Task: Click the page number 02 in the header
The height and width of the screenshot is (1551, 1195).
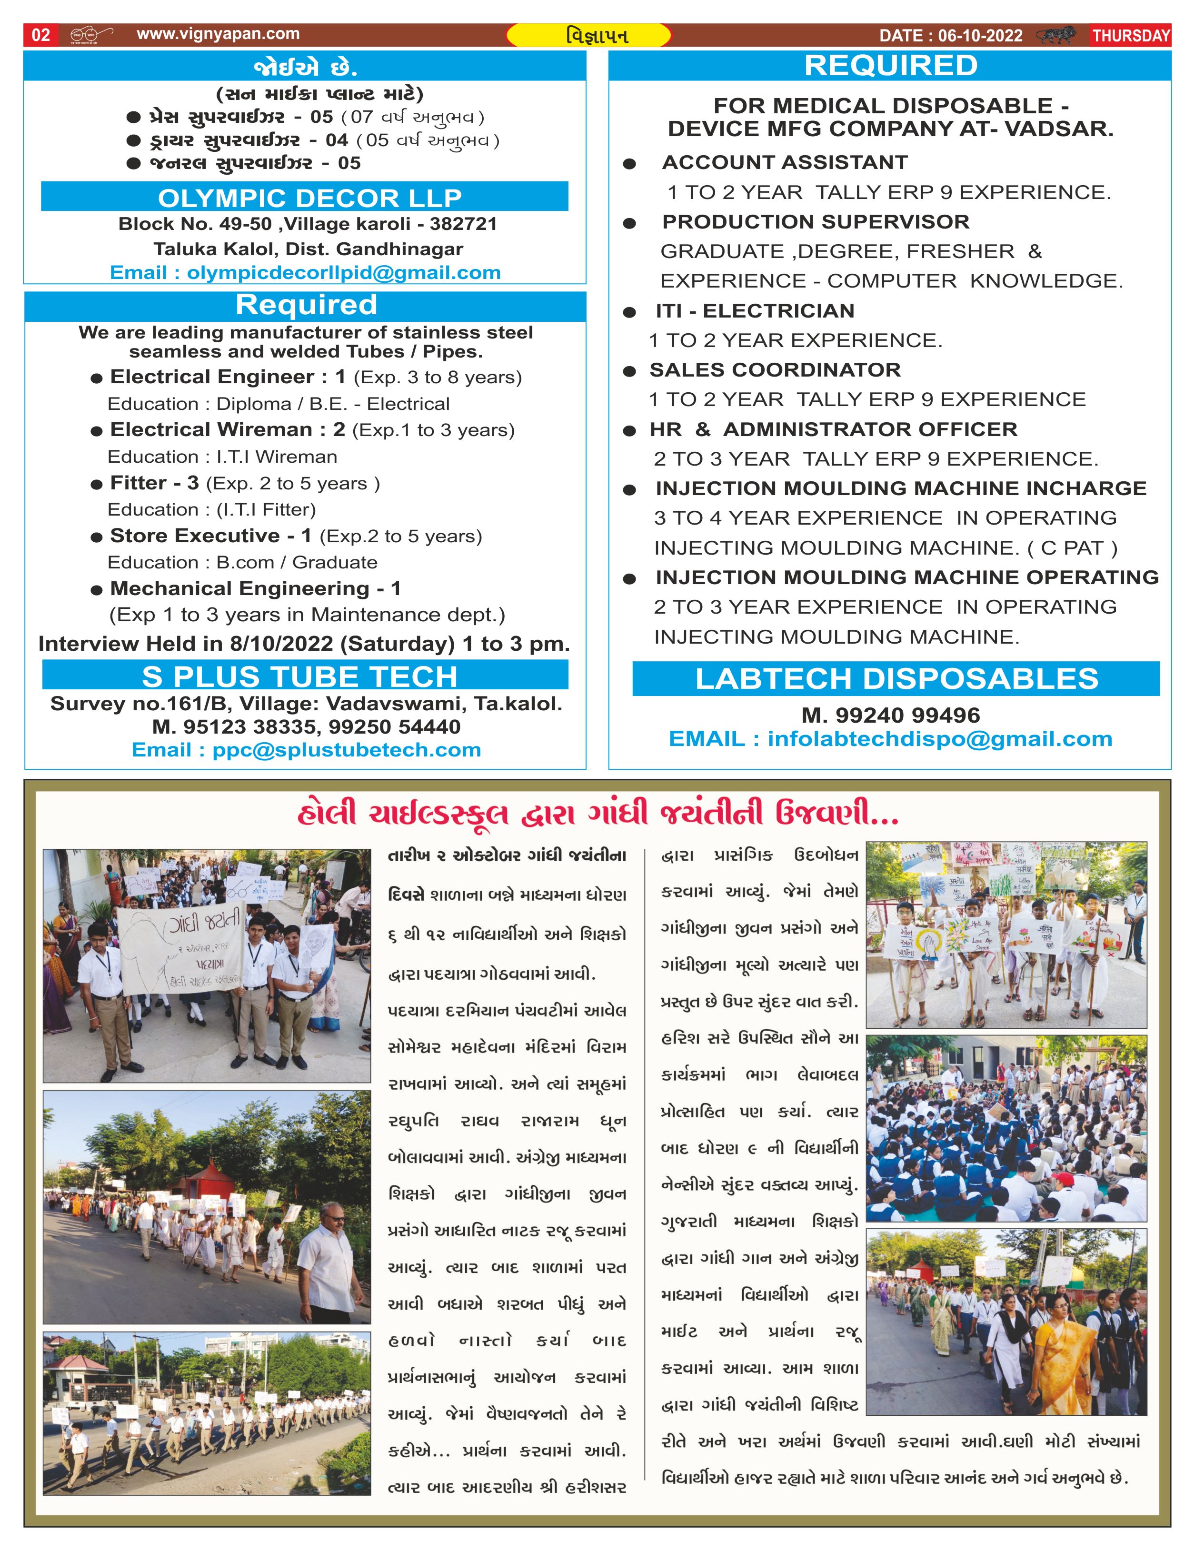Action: [x=41, y=35]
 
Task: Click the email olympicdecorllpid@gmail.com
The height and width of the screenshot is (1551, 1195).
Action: [x=344, y=273]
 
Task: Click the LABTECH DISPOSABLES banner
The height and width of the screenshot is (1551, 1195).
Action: [x=896, y=679]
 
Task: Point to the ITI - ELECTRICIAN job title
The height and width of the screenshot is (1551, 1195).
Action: [x=755, y=311]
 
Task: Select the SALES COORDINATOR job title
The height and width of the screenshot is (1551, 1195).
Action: [x=775, y=370]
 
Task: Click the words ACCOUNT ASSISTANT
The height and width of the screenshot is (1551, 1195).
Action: [x=785, y=163]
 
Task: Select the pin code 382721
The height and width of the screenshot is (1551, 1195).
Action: [x=463, y=224]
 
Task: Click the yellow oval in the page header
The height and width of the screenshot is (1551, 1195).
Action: [x=588, y=35]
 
